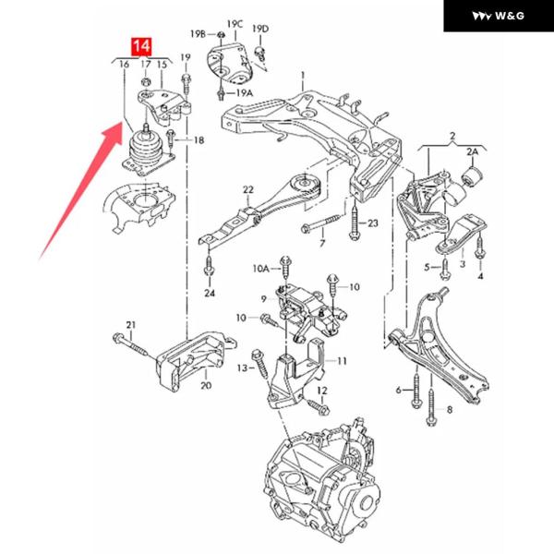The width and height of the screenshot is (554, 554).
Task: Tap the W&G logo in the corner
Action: [x=498, y=16]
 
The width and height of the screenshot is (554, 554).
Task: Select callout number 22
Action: [x=247, y=190]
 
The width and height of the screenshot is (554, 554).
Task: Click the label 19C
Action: [x=235, y=23]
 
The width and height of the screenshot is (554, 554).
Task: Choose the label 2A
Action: [x=474, y=151]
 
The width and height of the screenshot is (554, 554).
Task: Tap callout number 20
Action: [x=205, y=385]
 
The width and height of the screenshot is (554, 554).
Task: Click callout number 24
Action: [x=210, y=294]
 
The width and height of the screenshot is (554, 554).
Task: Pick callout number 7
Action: [x=321, y=244]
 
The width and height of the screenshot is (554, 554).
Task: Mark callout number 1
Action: [x=302, y=73]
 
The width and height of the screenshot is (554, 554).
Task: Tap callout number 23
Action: [x=373, y=223]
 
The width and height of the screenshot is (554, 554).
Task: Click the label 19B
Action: [x=198, y=33]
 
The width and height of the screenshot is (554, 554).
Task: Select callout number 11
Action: [x=342, y=360]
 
